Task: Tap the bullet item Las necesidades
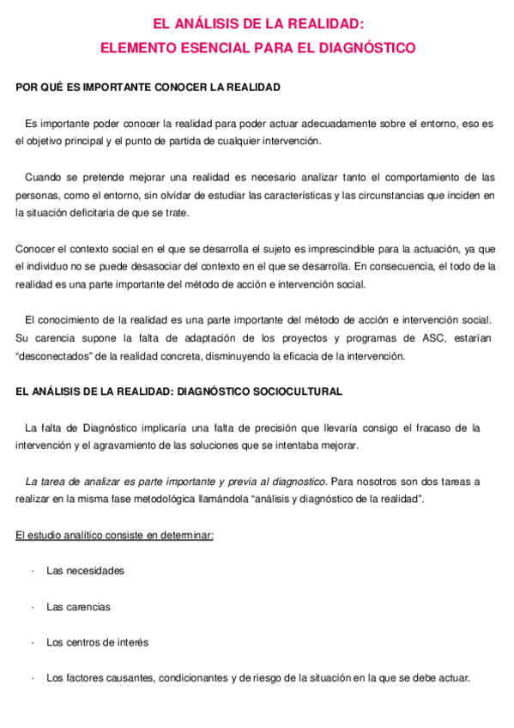pos(85,570)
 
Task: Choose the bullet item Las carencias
pos(78,606)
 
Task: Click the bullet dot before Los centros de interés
pos(32,642)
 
